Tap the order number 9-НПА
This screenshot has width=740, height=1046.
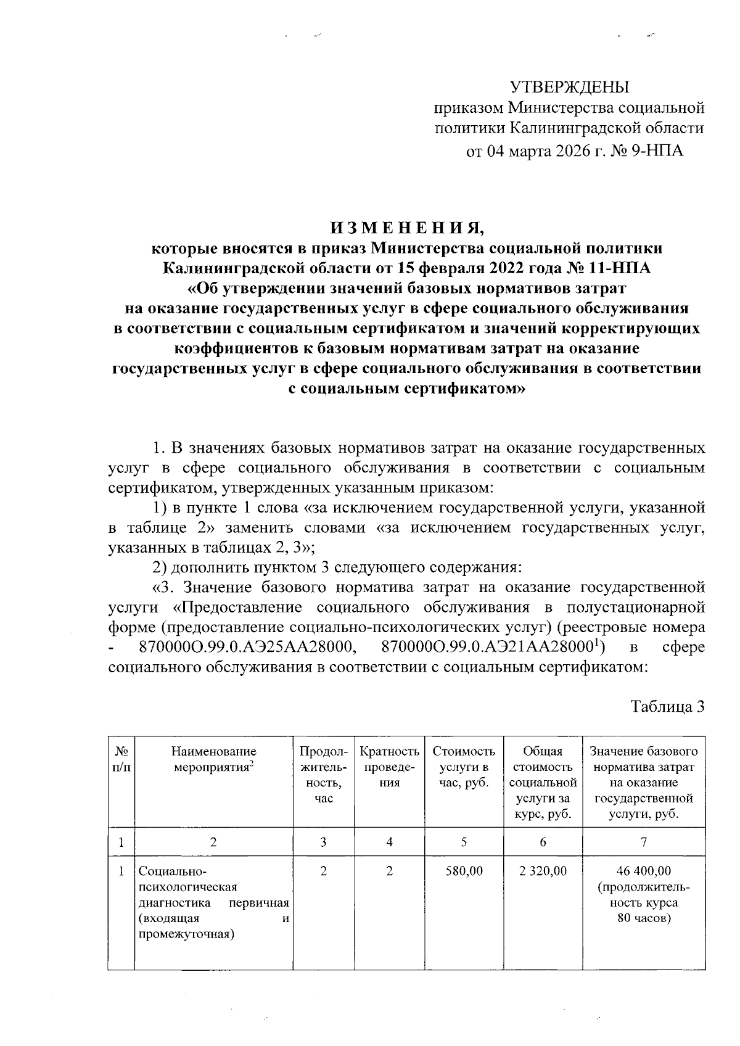pyautogui.click(x=655, y=150)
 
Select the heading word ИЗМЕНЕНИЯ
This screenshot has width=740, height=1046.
pyautogui.click(x=408, y=228)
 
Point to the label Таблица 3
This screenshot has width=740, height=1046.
pyautogui.click(x=667, y=707)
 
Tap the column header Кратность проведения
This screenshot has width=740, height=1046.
pyautogui.click(x=389, y=767)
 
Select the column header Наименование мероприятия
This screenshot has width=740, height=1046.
pyautogui.click(x=213, y=759)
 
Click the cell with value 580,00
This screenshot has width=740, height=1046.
pyautogui.click(x=464, y=871)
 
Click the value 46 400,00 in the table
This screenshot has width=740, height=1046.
pyautogui.click(x=644, y=871)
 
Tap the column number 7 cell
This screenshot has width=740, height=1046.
pyautogui.click(x=644, y=842)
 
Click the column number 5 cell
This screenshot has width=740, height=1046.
pyautogui.click(x=464, y=842)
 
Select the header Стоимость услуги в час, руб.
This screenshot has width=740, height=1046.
pyautogui.click(x=464, y=767)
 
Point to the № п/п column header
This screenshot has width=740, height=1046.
pyautogui.click(x=121, y=759)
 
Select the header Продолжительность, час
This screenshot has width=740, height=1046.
pyautogui.click(x=323, y=775)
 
